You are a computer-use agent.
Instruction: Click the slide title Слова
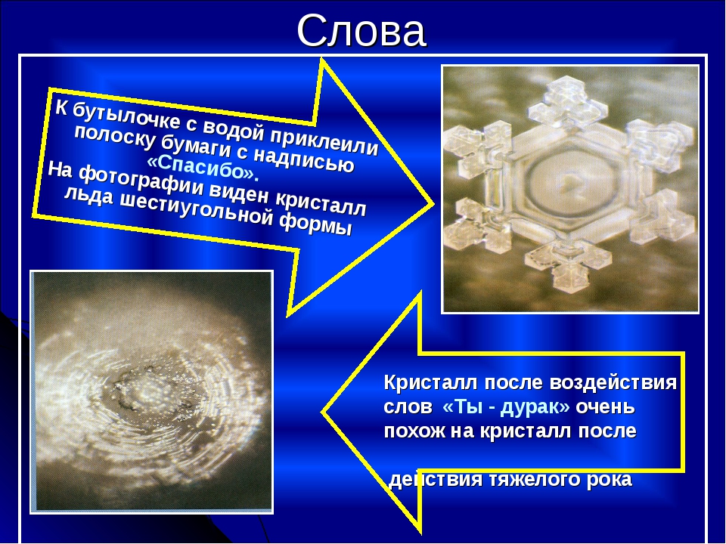(361, 30)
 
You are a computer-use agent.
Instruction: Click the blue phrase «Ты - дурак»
(506, 406)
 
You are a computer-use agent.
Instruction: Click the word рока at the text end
(609, 480)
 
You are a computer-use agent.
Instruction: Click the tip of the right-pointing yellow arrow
(432, 203)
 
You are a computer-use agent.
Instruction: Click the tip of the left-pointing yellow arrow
(323, 411)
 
